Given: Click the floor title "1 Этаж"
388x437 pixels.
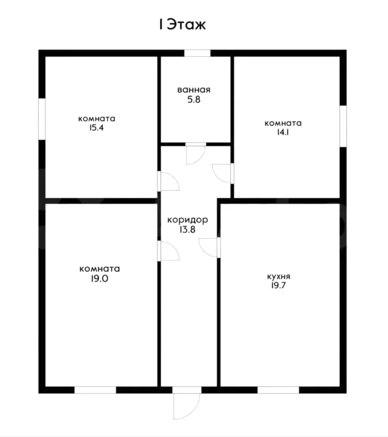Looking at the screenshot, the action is pos(182,25).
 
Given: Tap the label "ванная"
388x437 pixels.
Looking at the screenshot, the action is pos(194,90).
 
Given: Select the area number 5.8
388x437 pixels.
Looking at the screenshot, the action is pos(194,100).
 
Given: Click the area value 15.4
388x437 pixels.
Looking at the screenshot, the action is pos(97,128).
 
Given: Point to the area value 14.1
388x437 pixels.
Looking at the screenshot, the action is pos(283,132).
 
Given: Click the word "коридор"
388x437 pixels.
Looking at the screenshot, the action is pos(188,220).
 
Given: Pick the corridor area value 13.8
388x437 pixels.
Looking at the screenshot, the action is pos(188,230).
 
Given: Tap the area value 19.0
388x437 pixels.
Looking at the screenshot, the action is pos(100,278).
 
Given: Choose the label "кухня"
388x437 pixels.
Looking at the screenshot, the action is pos(279,277).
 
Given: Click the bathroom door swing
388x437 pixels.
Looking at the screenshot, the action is pos(196,155).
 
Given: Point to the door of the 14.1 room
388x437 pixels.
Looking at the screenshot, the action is pos(222,174).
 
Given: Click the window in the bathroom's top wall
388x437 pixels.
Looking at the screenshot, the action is pos(197,53).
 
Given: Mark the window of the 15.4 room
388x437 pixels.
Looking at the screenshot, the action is pos(42,119).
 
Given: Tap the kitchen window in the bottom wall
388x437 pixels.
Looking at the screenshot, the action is pos(278,390).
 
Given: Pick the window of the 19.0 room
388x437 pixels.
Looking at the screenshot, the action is pos(95,390).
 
